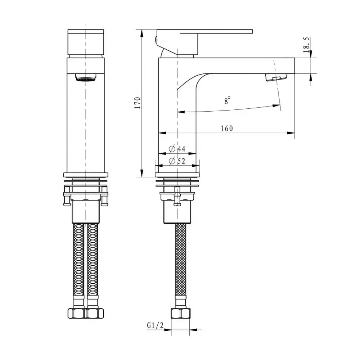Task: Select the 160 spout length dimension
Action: [227, 129]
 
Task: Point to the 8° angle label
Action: [227, 100]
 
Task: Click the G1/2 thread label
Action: [155, 325]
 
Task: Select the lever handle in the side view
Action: [216, 31]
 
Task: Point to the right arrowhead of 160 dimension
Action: [292, 133]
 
